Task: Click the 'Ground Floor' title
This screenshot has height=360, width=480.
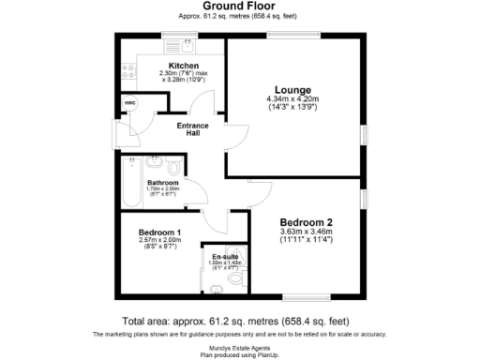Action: click(240, 6)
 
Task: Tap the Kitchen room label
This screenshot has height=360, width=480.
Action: click(184, 66)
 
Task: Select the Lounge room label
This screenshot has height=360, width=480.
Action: click(292, 89)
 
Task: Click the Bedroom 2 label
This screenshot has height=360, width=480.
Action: click(307, 221)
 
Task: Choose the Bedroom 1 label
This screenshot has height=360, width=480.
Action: click(159, 232)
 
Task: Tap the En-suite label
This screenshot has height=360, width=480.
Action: click(222, 255)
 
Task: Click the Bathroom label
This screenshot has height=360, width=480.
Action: click(163, 182)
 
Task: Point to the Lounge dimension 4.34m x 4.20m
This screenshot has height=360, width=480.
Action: click(292, 99)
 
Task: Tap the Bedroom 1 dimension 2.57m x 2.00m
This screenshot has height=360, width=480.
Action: click(159, 241)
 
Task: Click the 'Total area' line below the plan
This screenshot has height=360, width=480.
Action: click(240, 320)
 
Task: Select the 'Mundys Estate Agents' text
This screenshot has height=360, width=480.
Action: click(240, 346)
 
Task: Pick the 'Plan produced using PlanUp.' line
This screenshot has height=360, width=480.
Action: click(240, 353)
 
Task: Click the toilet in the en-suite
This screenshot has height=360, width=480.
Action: click(236, 278)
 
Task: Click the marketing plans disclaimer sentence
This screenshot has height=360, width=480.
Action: click(240, 334)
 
